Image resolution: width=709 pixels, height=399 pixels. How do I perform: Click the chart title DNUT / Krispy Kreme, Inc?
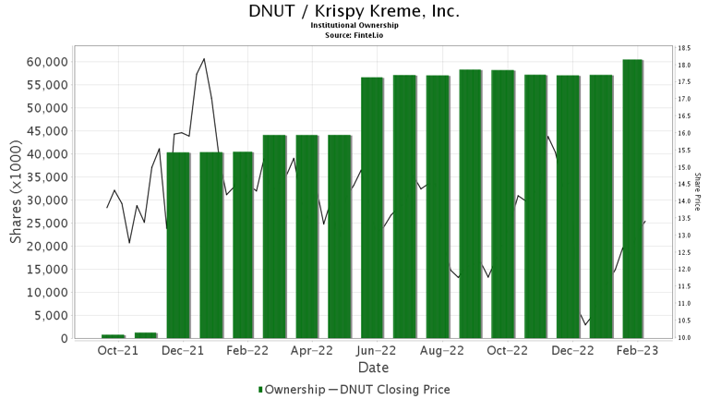click(354, 12)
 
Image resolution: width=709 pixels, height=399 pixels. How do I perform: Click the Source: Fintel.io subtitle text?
click(354, 35)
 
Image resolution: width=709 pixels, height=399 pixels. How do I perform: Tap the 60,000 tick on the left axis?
click(44, 62)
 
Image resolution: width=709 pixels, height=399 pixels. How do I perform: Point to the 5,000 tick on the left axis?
click(48, 316)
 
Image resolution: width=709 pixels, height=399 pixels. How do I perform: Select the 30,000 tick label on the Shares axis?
click(44, 200)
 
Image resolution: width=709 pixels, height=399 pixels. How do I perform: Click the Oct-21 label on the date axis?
click(117, 351)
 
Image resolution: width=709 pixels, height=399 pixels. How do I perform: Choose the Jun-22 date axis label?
click(377, 351)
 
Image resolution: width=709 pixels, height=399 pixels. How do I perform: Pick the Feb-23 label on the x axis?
click(637, 351)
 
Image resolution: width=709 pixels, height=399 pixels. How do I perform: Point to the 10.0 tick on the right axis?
click(684, 338)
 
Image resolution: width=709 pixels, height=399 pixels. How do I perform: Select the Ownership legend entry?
click(291, 390)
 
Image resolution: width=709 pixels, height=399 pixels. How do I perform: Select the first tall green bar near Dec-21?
click(178, 245)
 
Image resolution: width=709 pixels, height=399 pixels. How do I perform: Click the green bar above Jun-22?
click(372, 208)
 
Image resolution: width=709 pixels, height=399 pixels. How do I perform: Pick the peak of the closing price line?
click(204, 59)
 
